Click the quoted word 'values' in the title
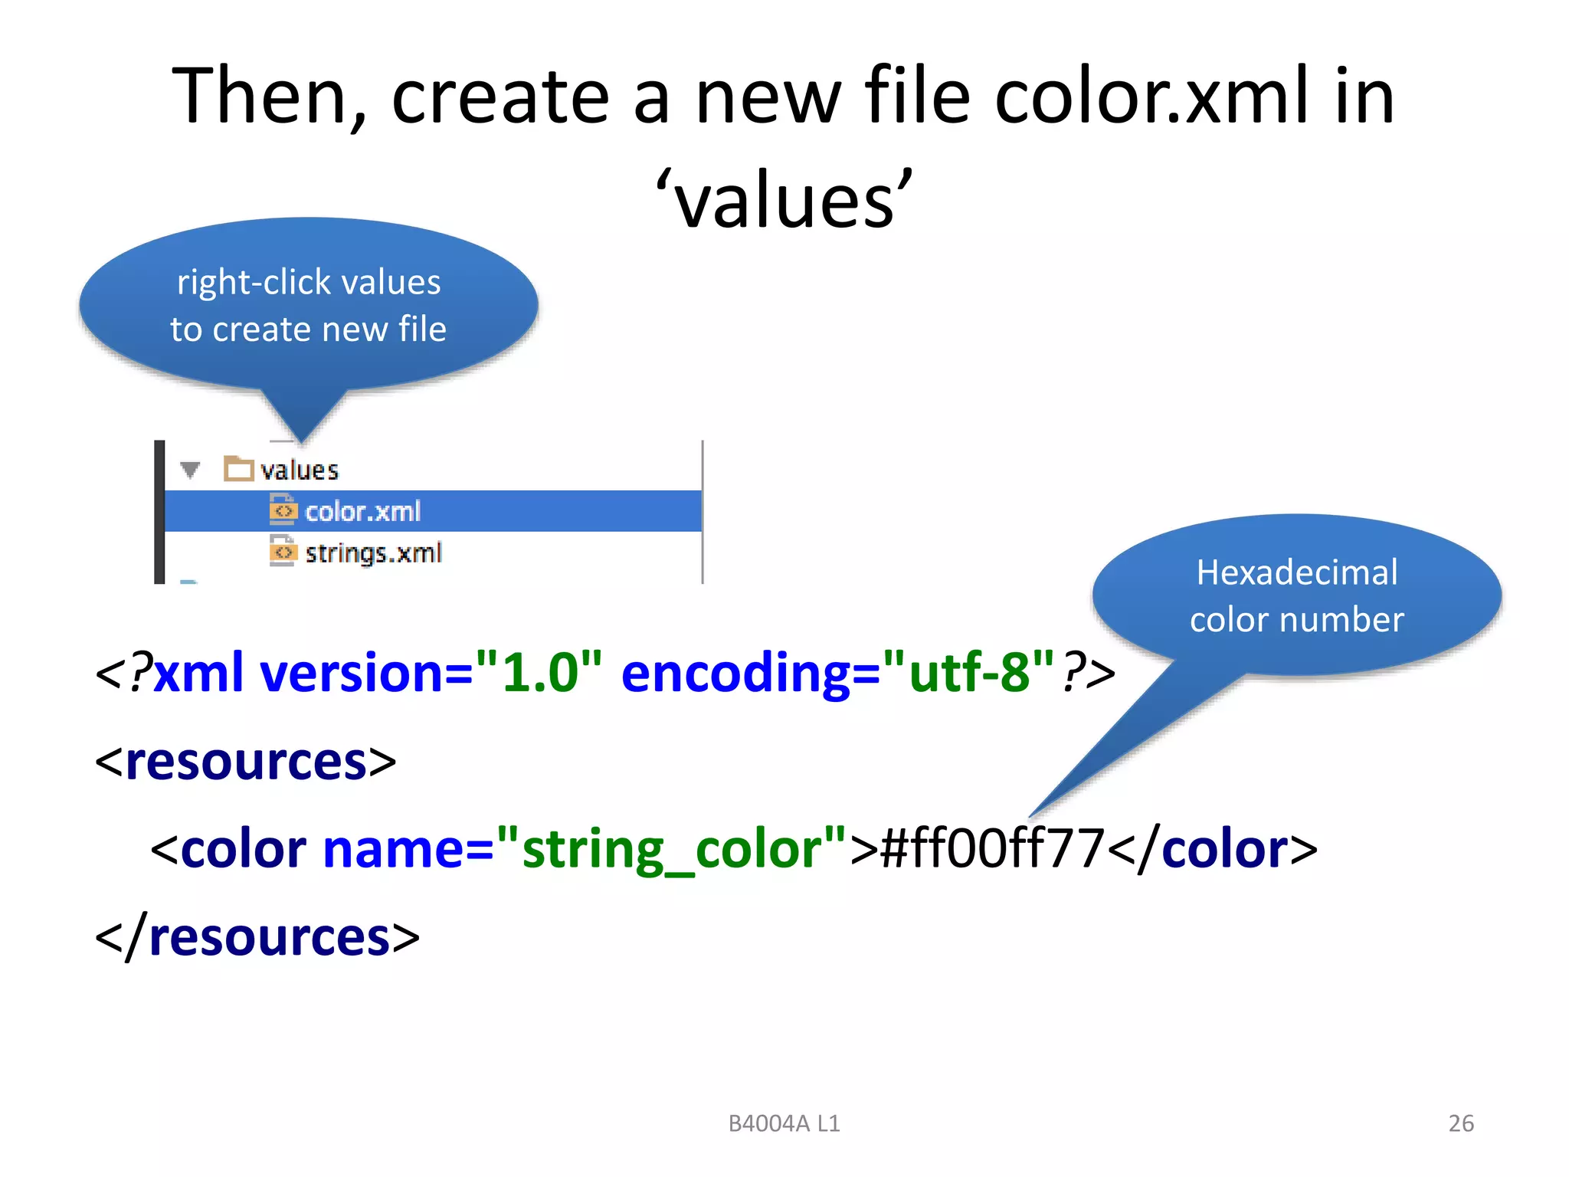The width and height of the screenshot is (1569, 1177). pos(784,201)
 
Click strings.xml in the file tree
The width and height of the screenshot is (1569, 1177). pos(373,552)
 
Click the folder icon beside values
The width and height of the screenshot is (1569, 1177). pos(239,468)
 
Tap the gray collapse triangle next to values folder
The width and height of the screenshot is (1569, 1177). pos(190,469)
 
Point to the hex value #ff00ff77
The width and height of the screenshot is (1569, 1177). pos(992,849)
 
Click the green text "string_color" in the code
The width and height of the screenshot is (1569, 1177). pos(671,849)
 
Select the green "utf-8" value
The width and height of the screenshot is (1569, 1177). pos(969,672)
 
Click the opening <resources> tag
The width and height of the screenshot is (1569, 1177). pos(245,762)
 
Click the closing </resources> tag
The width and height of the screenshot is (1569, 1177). pos(257,937)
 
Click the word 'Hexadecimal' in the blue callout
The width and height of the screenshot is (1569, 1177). pos(1297,572)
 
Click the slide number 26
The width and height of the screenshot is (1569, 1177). pos(1460,1123)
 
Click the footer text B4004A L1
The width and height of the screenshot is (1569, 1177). pos(784,1123)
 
